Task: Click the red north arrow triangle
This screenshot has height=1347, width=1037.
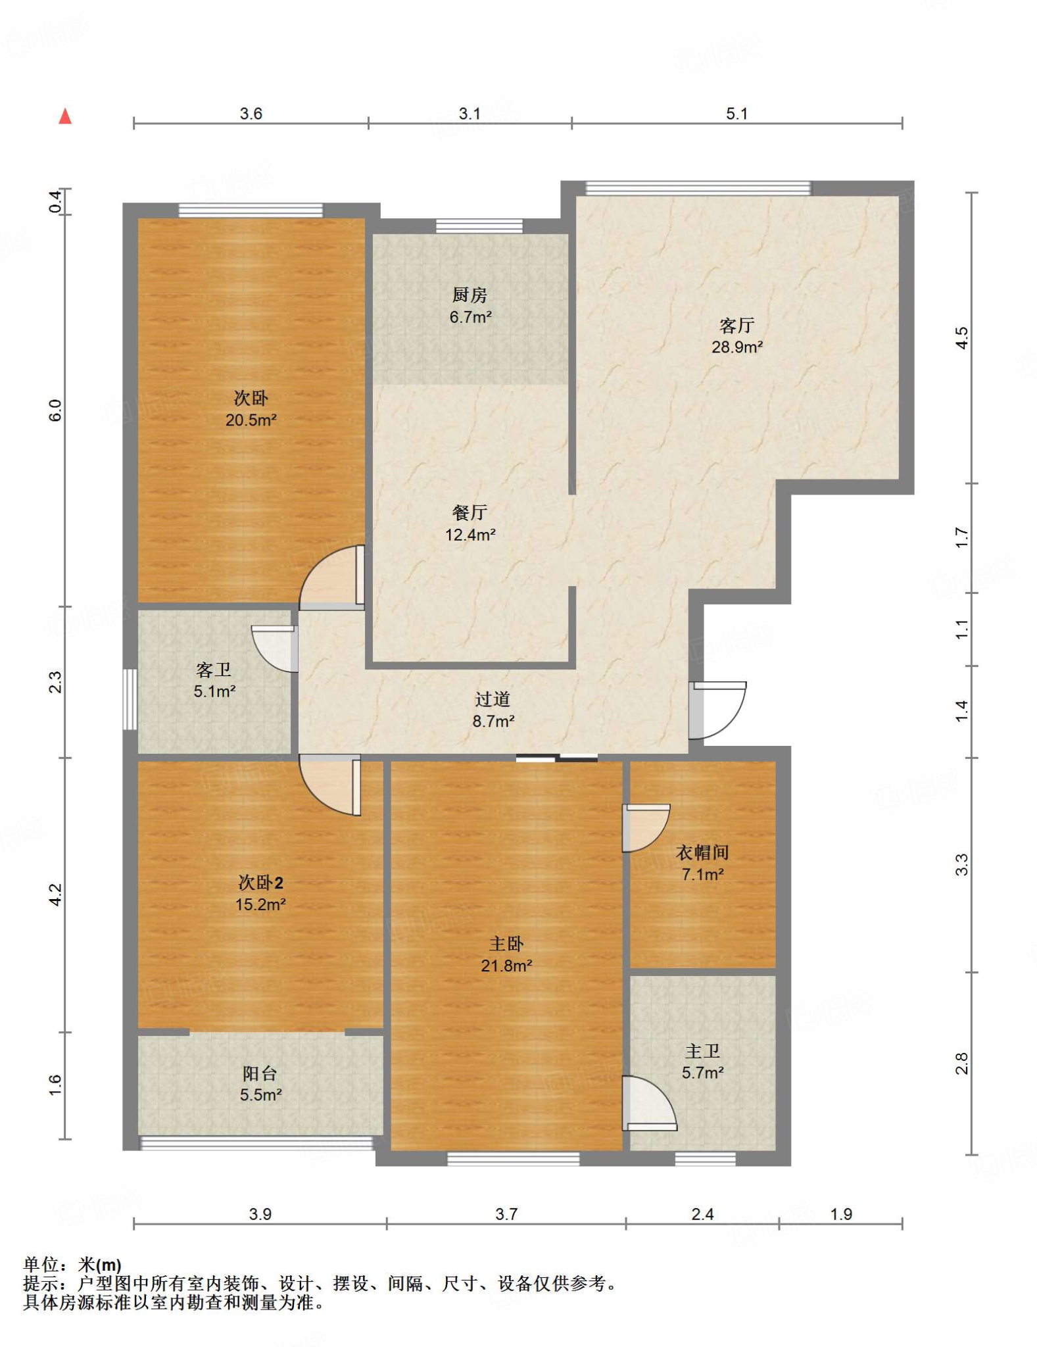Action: tap(65, 116)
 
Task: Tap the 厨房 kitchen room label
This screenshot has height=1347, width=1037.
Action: tap(470, 295)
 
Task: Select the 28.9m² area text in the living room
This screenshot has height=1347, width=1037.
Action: tap(737, 347)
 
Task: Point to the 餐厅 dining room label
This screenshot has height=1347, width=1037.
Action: tap(470, 512)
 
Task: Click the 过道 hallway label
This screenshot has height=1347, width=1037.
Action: tap(493, 699)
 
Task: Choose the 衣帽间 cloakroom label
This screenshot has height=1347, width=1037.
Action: tap(702, 852)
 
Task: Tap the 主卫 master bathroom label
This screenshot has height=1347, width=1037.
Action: tap(702, 1051)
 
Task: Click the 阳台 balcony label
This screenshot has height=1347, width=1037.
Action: tap(260, 1073)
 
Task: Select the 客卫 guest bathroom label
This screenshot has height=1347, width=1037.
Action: tap(214, 670)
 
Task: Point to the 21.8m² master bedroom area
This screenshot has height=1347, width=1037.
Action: tap(506, 966)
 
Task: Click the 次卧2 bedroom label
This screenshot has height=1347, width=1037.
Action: tap(260, 882)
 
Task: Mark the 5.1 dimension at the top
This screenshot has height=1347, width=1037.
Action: tap(736, 114)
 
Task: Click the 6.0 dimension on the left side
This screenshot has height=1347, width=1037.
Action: tap(55, 410)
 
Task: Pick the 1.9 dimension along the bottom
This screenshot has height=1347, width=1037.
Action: tap(841, 1214)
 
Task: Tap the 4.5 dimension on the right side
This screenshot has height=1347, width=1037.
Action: tap(961, 338)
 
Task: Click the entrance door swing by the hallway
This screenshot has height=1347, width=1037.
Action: tap(717, 710)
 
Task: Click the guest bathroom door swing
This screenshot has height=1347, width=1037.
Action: tap(275, 649)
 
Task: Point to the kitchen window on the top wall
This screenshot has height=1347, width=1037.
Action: tap(479, 226)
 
